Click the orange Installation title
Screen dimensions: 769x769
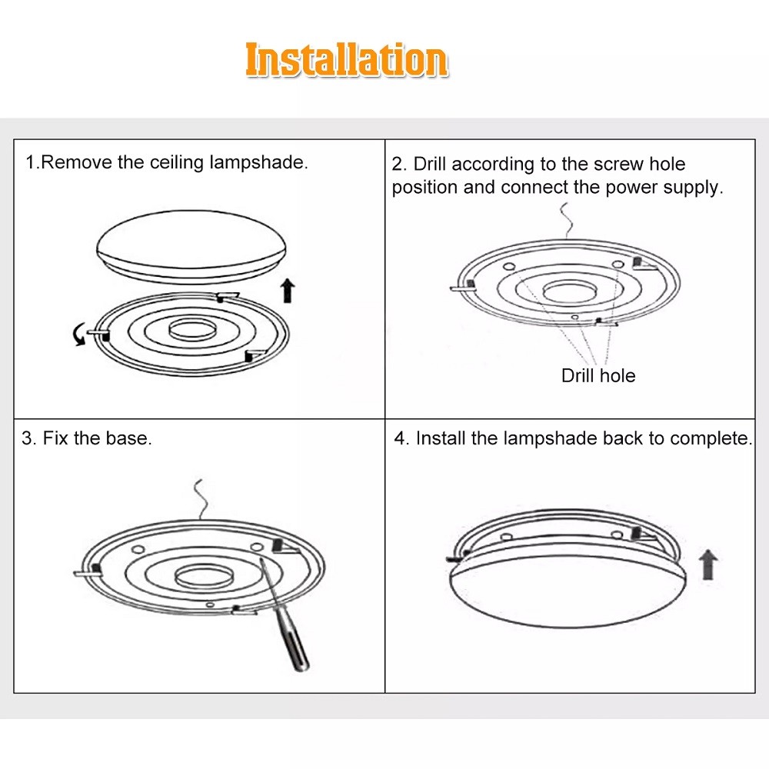click(346, 60)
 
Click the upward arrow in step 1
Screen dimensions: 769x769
click(288, 291)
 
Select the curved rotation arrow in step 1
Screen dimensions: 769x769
click(78, 335)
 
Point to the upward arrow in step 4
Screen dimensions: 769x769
click(707, 564)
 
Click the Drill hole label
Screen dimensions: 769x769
click(598, 376)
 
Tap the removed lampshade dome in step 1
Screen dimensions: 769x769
click(191, 247)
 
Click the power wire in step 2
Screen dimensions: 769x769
click(567, 220)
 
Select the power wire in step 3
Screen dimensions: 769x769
click(201, 499)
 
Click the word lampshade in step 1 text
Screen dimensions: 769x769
click(258, 163)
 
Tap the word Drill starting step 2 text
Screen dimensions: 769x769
click(429, 164)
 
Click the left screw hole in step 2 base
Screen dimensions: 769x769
click(510, 267)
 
